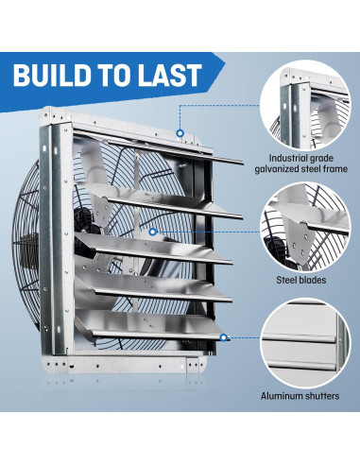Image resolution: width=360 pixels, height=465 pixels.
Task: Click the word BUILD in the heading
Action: pyautogui.click(x=56, y=75)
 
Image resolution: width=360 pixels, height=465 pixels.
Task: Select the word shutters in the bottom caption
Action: pyautogui.click(x=332, y=396)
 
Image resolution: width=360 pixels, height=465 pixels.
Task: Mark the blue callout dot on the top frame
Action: pyautogui.click(x=179, y=132)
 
